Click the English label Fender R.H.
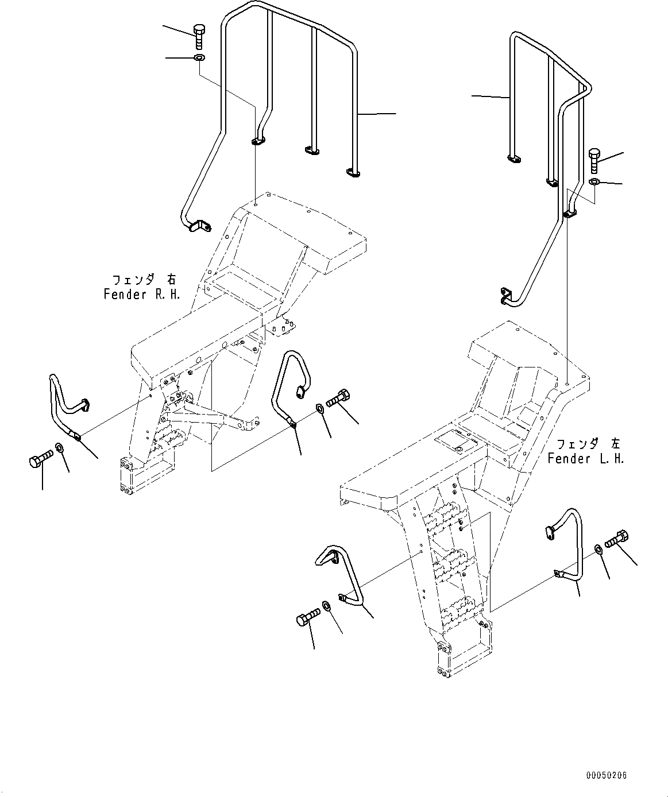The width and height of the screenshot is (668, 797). tap(142, 295)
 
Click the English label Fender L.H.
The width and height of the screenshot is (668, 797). tap(585, 459)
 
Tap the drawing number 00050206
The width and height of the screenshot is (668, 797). tap(607, 775)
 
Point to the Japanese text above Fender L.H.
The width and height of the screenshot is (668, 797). tap(588, 444)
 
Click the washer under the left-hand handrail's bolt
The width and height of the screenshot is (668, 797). tap(594, 182)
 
